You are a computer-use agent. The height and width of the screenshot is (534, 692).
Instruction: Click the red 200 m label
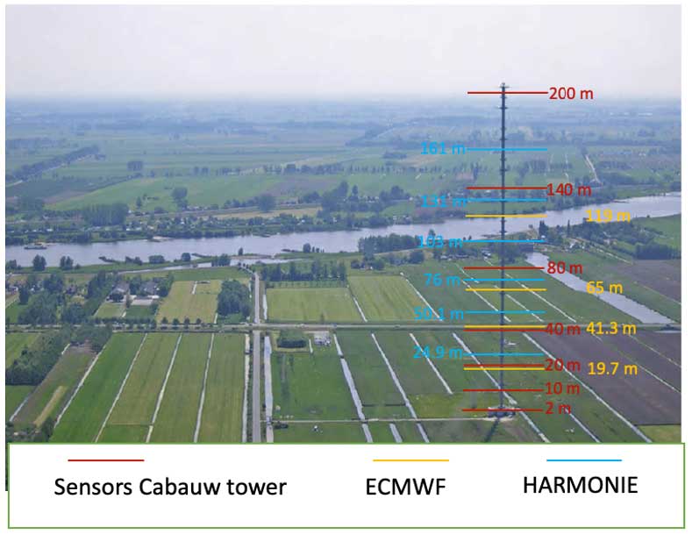pyautogui.click(x=571, y=94)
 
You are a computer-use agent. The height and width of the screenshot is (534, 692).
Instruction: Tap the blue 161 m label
pyautogui.click(x=442, y=149)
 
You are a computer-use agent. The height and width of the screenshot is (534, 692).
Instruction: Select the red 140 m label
pyautogui.click(x=568, y=189)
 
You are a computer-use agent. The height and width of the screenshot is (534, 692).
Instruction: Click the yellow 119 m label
pyautogui.click(x=608, y=215)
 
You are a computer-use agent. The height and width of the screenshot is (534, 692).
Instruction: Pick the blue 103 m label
pyautogui.click(x=440, y=242)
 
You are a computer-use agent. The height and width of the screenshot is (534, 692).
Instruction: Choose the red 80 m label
pyautogui.click(x=565, y=267)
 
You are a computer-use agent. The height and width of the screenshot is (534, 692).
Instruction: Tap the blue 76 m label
pyautogui.click(x=442, y=281)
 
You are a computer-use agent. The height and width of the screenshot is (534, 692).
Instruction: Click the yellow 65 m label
pyautogui.click(x=604, y=288)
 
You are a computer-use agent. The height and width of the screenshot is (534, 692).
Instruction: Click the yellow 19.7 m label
pyautogui.click(x=611, y=368)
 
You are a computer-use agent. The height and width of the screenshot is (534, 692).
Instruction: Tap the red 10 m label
pyautogui.click(x=562, y=388)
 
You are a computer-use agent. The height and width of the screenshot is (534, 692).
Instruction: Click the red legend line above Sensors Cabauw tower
pyautogui.click(x=105, y=459)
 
